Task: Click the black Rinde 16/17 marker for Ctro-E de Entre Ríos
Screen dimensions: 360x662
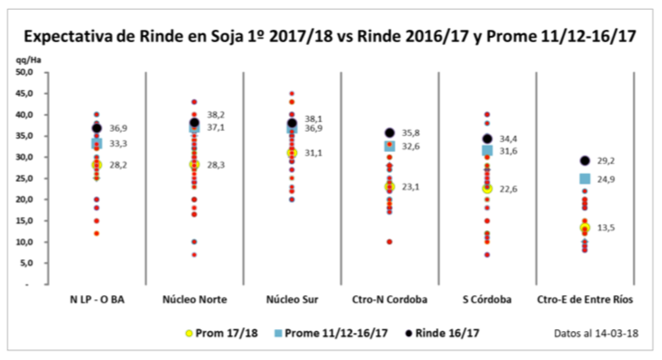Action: [x=585, y=161]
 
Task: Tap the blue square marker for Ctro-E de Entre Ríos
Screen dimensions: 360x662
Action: [x=585, y=179]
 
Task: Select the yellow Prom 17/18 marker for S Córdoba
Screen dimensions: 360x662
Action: [x=487, y=188]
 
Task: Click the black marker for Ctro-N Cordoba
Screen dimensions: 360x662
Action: [x=389, y=133]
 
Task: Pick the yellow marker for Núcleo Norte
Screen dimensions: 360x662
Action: [x=194, y=164]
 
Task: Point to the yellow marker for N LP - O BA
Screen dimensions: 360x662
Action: [x=97, y=164]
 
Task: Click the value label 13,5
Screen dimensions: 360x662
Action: [x=606, y=228]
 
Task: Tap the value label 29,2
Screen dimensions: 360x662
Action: [x=606, y=162]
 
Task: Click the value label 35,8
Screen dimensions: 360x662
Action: [x=411, y=133]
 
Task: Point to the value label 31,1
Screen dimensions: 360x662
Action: [x=313, y=154]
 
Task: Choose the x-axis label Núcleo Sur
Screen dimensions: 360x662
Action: [x=291, y=299]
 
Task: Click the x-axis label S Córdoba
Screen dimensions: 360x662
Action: [x=486, y=299]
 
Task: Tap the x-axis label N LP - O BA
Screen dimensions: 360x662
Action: [x=97, y=299]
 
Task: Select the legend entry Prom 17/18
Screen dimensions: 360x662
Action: [x=220, y=334]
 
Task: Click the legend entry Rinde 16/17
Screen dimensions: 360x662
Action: [x=447, y=334]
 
